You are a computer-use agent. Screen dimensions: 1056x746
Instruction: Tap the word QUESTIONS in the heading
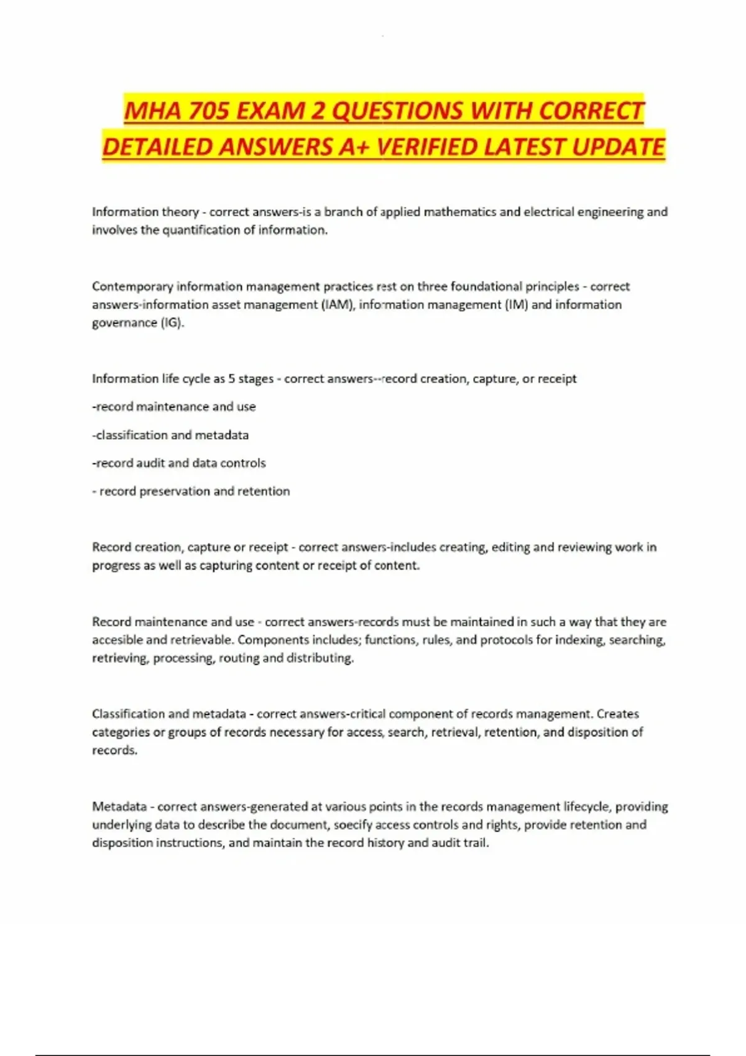coord(398,111)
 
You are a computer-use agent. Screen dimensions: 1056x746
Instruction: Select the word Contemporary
coord(132,286)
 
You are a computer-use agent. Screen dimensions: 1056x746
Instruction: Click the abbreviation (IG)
coord(172,322)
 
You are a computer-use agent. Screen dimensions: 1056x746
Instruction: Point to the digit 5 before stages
coord(231,379)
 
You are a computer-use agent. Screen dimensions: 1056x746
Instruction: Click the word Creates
coord(617,714)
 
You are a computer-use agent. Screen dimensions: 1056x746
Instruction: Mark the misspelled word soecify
coord(353,824)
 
